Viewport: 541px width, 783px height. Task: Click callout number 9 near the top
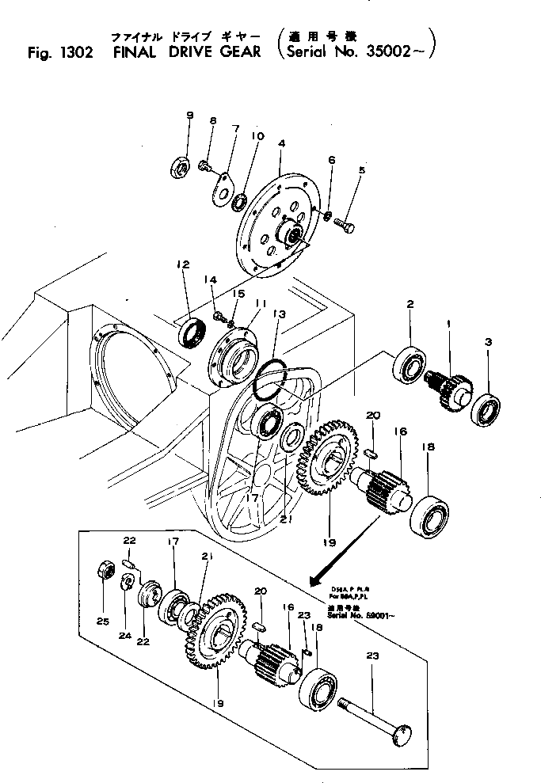(189, 116)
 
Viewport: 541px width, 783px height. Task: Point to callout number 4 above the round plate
(282, 143)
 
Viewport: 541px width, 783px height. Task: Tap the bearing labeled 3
(486, 409)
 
